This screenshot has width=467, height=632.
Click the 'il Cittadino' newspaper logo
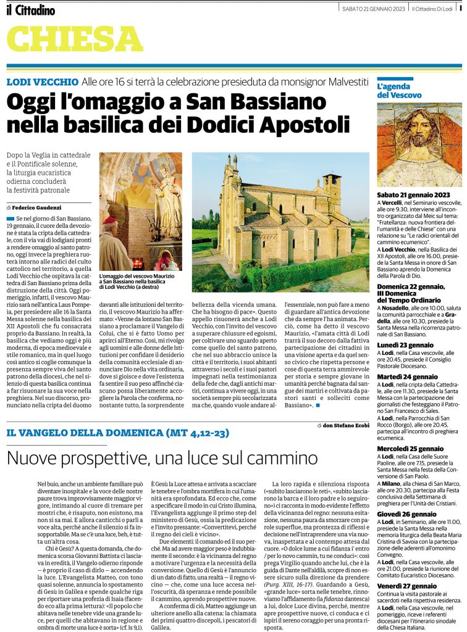point(31,10)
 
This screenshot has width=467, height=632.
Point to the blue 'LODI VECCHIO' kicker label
point(41,82)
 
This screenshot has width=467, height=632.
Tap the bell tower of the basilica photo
point(332,193)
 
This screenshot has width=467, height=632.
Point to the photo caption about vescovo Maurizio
point(140,282)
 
